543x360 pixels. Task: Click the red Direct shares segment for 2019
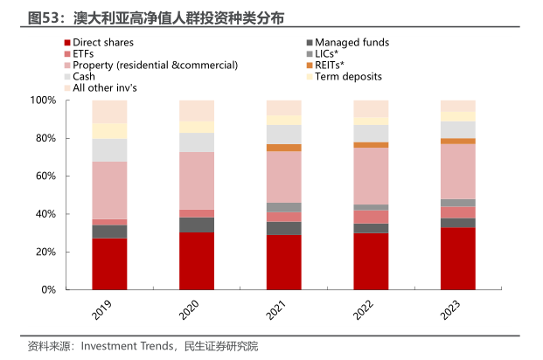pos(109,264)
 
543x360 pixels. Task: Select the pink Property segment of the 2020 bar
pos(197,181)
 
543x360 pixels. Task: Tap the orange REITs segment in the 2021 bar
pos(283,148)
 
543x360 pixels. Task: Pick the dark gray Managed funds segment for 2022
pos(371,229)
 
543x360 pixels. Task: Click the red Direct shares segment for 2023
pos(457,259)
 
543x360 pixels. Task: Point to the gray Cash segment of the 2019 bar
pos(109,150)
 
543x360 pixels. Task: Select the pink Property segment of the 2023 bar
pos(457,171)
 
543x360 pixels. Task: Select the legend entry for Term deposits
pos(348,76)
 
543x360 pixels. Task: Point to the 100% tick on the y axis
pos(43,100)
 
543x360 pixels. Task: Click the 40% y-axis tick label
pos(45,214)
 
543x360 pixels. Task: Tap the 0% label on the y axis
pos(48,289)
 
